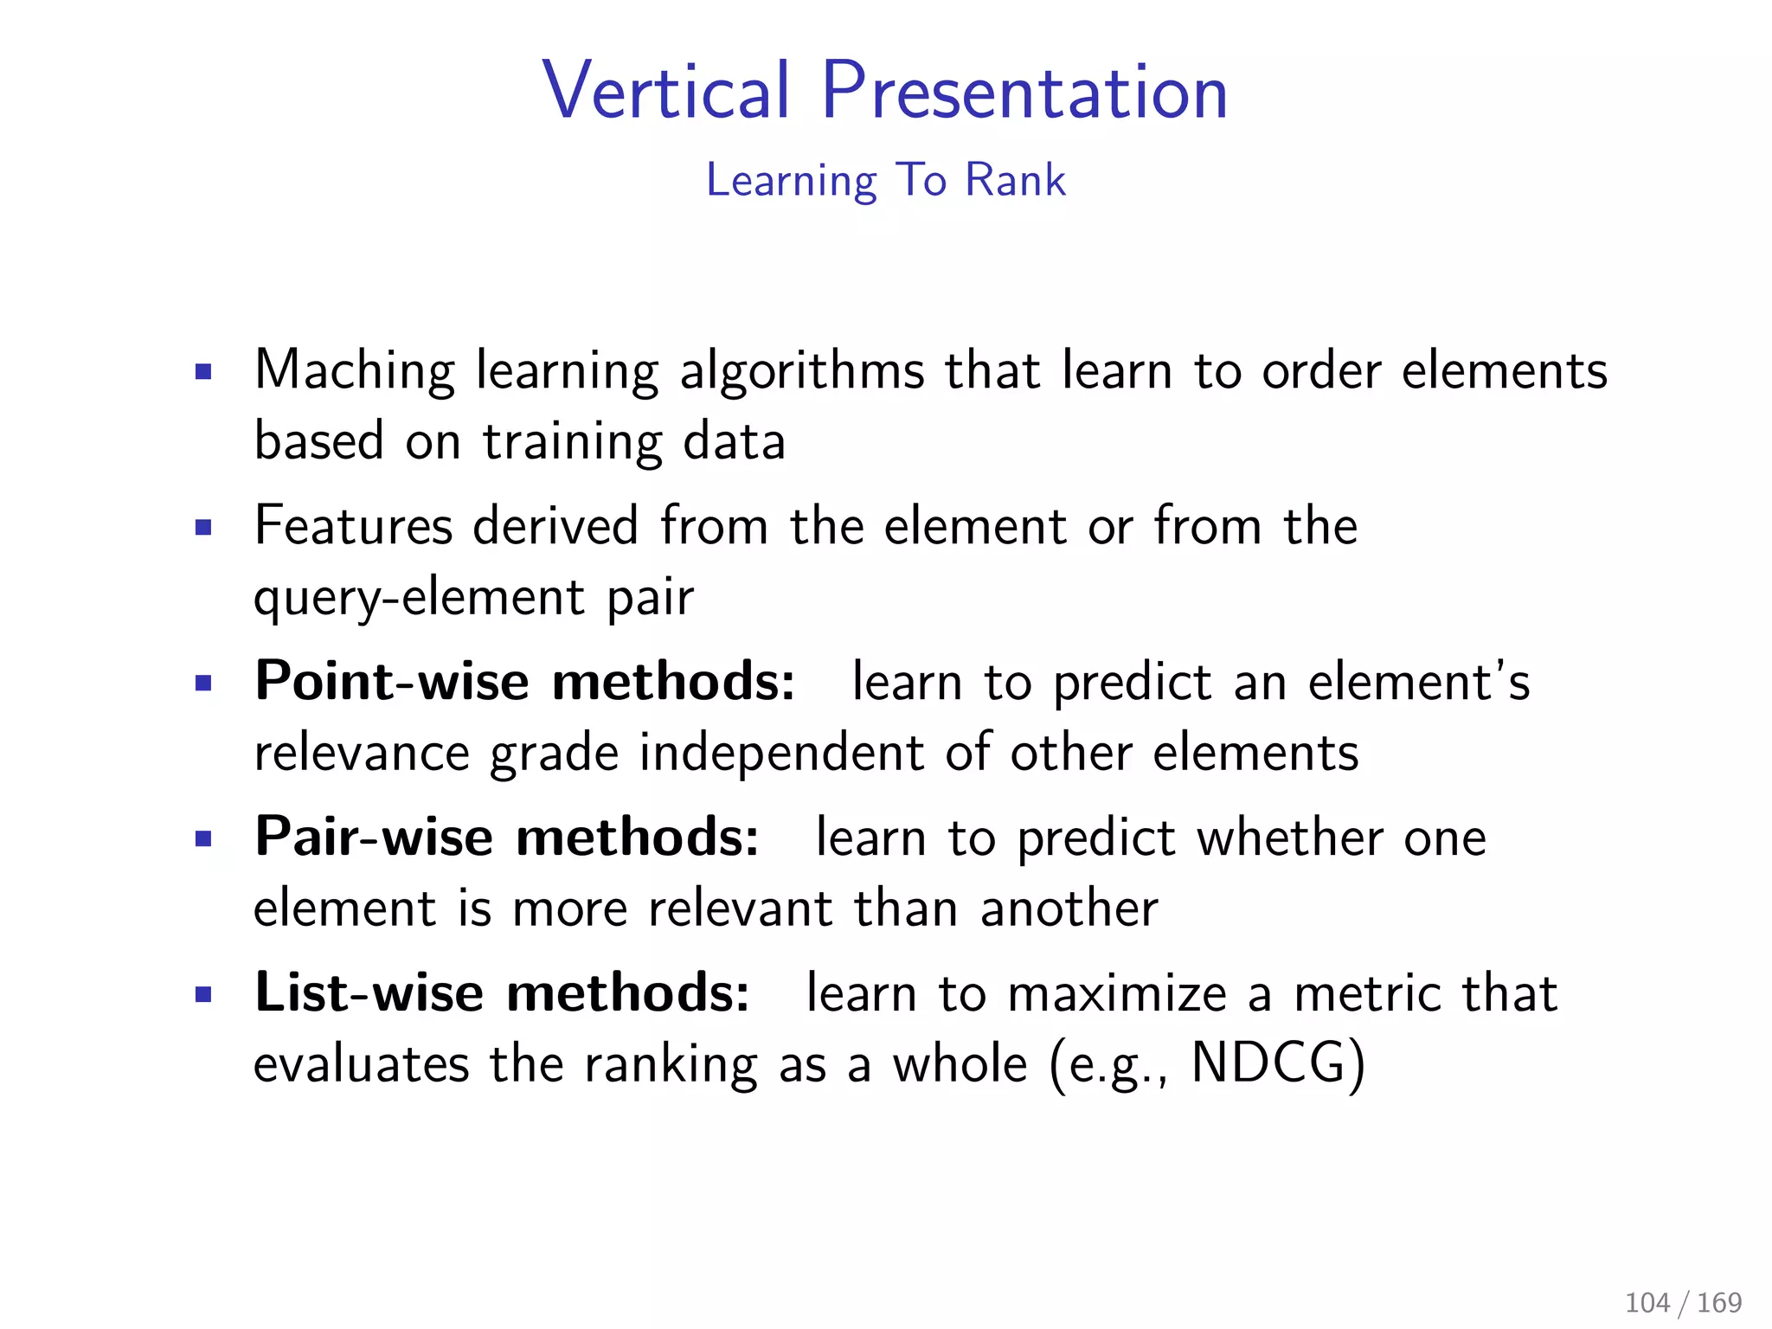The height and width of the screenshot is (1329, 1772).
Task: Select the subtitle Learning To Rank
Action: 885,180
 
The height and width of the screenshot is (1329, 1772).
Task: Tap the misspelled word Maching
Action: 354,371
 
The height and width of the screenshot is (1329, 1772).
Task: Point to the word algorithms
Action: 801,371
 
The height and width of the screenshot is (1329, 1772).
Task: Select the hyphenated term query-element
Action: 419,598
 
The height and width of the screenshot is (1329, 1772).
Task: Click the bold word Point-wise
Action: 392,681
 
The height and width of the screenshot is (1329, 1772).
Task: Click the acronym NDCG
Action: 1268,1063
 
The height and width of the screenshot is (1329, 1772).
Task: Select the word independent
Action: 781,753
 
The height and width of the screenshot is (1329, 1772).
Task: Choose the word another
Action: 1069,908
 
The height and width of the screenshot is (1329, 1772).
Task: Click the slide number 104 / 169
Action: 1683,1302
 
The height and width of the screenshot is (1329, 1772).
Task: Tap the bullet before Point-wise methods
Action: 203,684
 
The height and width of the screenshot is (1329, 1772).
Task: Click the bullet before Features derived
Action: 203,528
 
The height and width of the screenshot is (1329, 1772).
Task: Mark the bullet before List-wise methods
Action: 203,994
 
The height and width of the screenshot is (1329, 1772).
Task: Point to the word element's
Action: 1419,682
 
